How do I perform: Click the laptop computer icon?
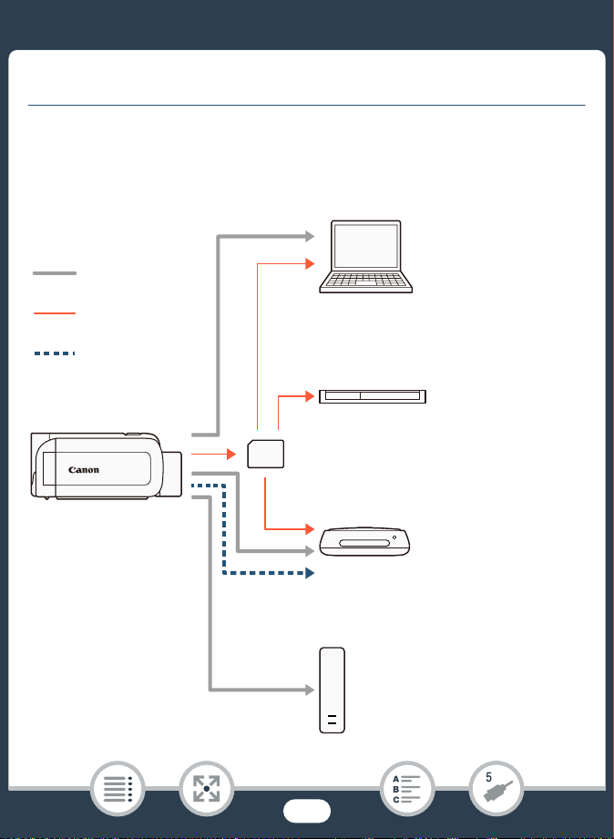pyautogui.click(x=366, y=257)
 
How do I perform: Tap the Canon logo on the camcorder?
pyautogui.click(x=84, y=470)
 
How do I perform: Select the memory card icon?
pyautogui.click(x=265, y=454)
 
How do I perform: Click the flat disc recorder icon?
pyautogui.click(x=373, y=396)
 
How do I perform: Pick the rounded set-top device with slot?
pyautogui.click(x=364, y=541)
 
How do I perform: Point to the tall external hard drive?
pyautogui.click(x=332, y=691)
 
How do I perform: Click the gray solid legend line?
pyautogui.click(x=55, y=273)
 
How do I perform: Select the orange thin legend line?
pyautogui.click(x=55, y=313)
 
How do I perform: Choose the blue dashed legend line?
pyautogui.click(x=55, y=353)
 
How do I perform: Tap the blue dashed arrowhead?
pyautogui.click(x=310, y=573)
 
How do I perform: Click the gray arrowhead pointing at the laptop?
pyautogui.click(x=310, y=236)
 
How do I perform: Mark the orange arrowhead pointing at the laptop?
pyautogui.click(x=310, y=263)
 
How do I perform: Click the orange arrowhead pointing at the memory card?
pyautogui.click(x=231, y=454)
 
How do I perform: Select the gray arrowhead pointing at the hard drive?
pyautogui.click(x=310, y=690)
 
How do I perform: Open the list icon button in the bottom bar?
pyautogui.click(x=118, y=789)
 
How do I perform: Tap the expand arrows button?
pyautogui.click(x=206, y=789)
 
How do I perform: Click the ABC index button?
pyautogui.click(x=407, y=789)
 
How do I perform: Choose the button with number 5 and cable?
pyautogui.click(x=496, y=789)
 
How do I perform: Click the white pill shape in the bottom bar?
pyautogui.click(x=307, y=811)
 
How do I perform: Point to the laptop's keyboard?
pyautogui.click(x=366, y=280)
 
